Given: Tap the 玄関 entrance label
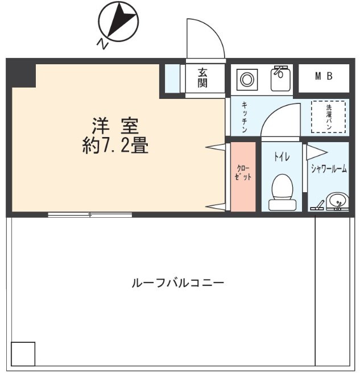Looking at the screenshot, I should pyautogui.click(x=202, y=78).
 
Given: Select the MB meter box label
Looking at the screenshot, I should pyautogui.click(x=324, y=76).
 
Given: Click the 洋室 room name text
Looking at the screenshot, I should pyautogui.click(x=116, y=125).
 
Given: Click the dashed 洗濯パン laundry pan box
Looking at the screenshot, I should pyautogui.click(x=328, y=117).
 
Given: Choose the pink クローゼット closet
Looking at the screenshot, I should pyautogui.click(x=243, y=176).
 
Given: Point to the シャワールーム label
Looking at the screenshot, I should pyautogui.click(x=329, y=168).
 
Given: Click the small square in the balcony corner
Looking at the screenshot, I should pyautogui.click(x=23, y=354).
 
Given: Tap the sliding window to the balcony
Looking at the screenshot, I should pyautogui.click(x=90, y=215).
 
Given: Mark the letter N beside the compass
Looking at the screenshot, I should pyautogui.click(x=102, y=44).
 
